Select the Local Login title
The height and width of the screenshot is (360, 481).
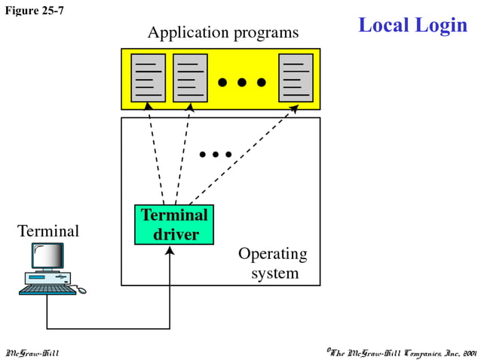(x=412, y=25)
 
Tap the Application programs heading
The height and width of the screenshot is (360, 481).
(x=223, y=32)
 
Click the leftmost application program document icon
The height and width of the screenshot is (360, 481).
(x=148, y=78)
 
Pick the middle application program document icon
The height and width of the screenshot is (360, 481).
(x=190, y=78)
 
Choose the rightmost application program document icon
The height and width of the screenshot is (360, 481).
(x=296, y=78)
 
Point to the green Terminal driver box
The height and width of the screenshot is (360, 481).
(x=174, y=224)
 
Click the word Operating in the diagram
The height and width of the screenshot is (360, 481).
(x=272, y=254)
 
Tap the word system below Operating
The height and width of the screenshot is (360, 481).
(x=275, y=273)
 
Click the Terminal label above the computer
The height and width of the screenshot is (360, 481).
(x=48, y=230)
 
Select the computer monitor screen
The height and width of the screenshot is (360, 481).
(x=46, y=258)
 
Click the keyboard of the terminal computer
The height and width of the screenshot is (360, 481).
(x=47, y=289)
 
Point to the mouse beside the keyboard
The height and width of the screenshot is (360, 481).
(x=81, y=290)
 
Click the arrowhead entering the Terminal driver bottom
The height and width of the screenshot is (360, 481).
(x=170, y=250)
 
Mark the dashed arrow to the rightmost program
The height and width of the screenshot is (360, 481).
(x=241, y=155)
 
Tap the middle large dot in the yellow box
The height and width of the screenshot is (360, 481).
(x=242, y=82)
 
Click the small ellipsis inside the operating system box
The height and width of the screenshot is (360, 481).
(x=216, y=155)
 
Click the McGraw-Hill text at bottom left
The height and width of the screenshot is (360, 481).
(x=32, y=352)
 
